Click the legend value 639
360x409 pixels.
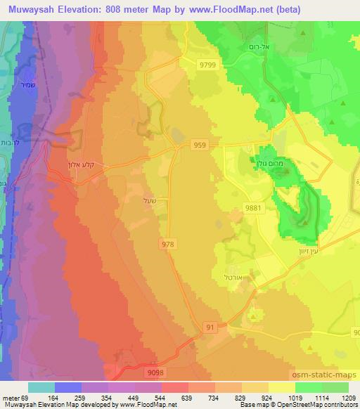tap(188, 398)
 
